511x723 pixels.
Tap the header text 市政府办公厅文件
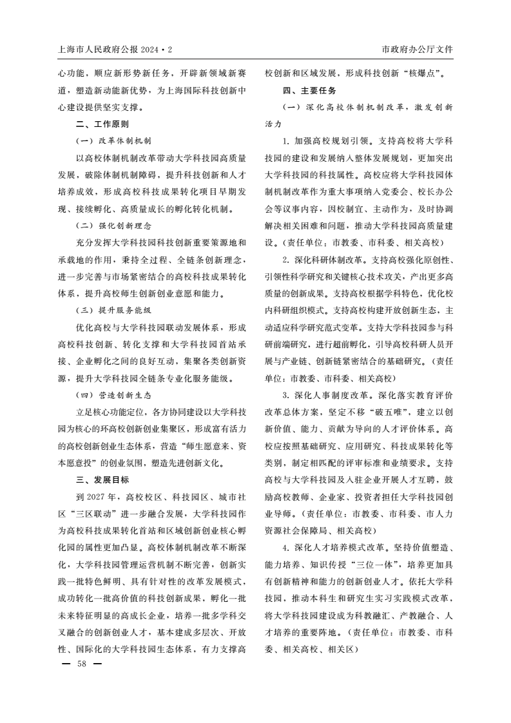(418, 50)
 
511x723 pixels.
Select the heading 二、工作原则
(102, 124)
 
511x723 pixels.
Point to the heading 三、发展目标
(102, 479)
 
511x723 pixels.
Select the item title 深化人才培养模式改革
(338, 547)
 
